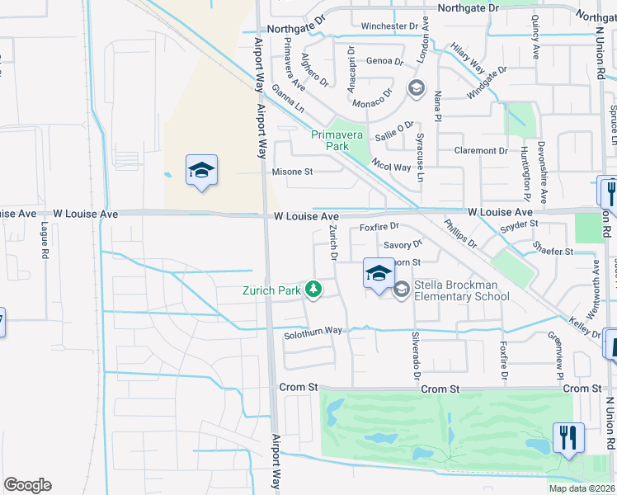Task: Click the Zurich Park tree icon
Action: click(313, 289)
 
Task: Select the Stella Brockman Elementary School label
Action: click(461, 290)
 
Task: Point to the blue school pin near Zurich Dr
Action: click(379, 274)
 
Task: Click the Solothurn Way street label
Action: click(313, 331)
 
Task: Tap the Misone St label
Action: click(293, 172)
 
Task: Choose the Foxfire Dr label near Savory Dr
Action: click(379, 226)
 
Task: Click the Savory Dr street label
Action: click(403, 244)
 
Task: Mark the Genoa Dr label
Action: click(384, 61)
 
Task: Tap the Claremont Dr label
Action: click(481, 151)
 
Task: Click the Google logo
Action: click(27, 485)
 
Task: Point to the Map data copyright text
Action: click(581, 488)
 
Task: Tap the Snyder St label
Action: click(519, 224)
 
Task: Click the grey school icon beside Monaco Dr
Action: click(416, 87)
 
